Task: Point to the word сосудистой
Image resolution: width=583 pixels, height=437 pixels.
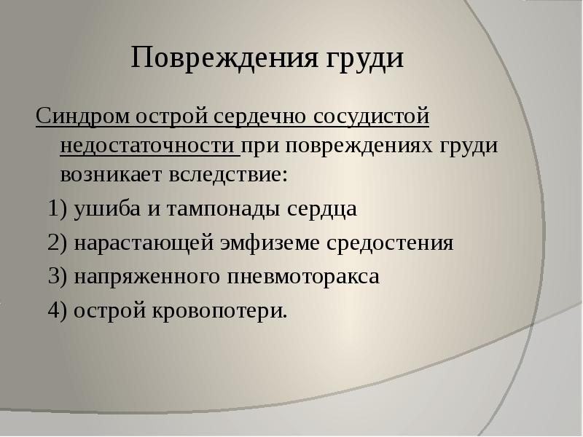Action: pos(372,116)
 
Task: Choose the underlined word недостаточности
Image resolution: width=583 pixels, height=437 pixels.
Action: pos(149,143)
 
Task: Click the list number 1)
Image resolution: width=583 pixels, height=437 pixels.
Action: pos(58,210)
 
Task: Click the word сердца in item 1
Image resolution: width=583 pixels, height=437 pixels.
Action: pos(322,210)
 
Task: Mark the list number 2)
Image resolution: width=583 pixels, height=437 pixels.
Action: pos(58,243)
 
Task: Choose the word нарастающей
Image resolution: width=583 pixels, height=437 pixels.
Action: pos(143,243)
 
